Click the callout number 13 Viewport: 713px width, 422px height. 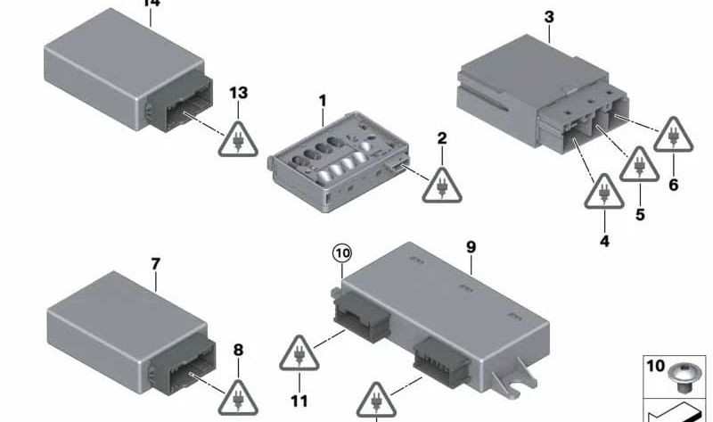pyautogui.click(x=239, y=93)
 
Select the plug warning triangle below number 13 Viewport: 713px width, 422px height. pyautogui.click(x=238, y=140)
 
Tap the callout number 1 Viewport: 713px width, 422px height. pyautogui.click(x=323, y=101)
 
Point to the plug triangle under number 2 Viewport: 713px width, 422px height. pyautogui.click(x=442, y=186)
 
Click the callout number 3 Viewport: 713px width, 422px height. pyautogui.click(x=549, y=17)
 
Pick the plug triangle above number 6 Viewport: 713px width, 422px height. pyautogui.click(x=674, y=136)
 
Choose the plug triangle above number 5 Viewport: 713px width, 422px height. pyautogui.click(x=639, y=165)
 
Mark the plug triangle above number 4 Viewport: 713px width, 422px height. pyautogui.click(x=604, y=192)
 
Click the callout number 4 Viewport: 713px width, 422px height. pyautogui.click(x=604, y=241)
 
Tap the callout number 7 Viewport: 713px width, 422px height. pyautogui.click(x=156, y=264)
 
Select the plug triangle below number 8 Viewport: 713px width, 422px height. pyautogui.click(x=238, y=399)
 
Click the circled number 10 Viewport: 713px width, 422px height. pyautogui.click(x=342, y=253)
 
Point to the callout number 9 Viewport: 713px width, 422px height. pyautogui.click(x=471, y=247)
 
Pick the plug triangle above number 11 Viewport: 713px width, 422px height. pyautogui.click(x=299, y=353)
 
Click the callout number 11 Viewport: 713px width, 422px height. pyautogui.click(x=299, y=401)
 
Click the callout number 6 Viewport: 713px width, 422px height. pyautogui.click(x=674, y=185)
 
